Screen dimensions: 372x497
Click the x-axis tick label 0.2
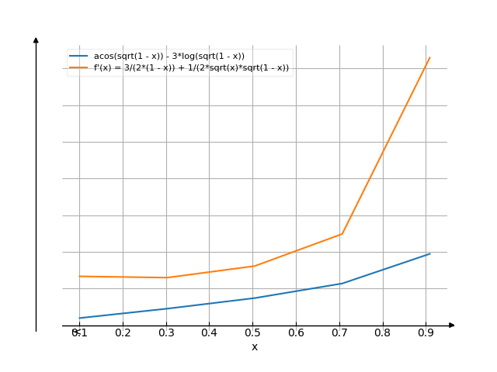123,333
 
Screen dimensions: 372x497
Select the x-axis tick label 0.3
166,333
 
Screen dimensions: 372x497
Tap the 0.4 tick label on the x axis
209,333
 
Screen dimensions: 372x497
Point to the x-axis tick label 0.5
252,333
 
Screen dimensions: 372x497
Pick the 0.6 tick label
296,333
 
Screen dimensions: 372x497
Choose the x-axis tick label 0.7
339,333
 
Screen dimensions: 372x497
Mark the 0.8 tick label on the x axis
382,333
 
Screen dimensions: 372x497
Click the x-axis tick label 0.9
426,333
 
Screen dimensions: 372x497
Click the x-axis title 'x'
254,347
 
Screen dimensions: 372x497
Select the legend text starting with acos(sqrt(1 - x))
169,57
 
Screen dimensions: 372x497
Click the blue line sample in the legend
78,57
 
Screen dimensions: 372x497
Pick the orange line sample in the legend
78,68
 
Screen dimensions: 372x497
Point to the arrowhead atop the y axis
36,39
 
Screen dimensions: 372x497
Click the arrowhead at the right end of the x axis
451,325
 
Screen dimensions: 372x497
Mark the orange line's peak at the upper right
429,57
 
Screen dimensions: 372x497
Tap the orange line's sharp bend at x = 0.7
341,233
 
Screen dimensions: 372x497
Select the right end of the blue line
429,253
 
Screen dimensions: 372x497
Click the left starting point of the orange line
79,276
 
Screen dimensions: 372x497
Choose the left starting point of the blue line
79,318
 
